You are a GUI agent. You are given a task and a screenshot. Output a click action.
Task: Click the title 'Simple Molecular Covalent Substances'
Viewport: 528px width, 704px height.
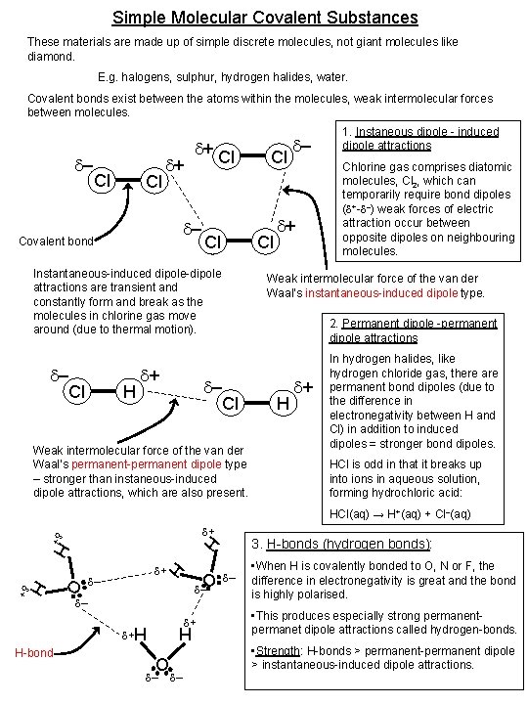pyautogui.click(x=264, y=18)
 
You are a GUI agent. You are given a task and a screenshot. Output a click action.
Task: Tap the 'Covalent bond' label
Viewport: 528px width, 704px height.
pyautogui.click(x=55, y=242)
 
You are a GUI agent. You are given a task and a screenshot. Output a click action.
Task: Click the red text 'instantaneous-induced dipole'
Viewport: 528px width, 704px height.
pyautogui.click(x=354, y=292)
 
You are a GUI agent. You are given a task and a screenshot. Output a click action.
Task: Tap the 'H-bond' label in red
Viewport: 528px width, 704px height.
pyautogui.click(x=34, y=652)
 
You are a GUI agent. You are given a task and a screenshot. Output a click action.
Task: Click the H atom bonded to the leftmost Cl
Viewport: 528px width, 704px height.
pyautogui.click(x=126, y=392)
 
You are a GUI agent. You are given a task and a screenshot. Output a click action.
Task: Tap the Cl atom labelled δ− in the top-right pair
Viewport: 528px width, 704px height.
pyautogui.click(x=279, y=156)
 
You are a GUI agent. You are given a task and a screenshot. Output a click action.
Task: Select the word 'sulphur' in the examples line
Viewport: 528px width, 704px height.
pyautogui.click(x=194, y=75)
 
